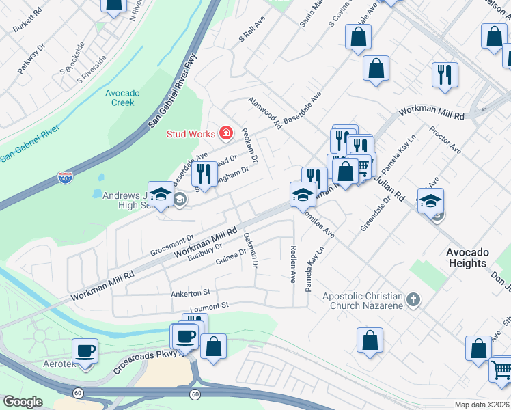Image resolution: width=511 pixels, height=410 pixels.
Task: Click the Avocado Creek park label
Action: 123,98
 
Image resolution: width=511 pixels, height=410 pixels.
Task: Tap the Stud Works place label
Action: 191,133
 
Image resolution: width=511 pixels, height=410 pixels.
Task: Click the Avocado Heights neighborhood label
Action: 467,258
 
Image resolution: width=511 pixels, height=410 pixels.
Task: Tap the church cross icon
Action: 412,300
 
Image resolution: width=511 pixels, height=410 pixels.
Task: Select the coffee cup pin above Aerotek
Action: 86,351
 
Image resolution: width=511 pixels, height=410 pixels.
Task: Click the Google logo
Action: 22,402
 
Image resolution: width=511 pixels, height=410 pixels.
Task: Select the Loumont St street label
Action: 208,308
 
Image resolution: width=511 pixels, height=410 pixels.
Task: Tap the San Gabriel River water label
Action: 30,150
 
